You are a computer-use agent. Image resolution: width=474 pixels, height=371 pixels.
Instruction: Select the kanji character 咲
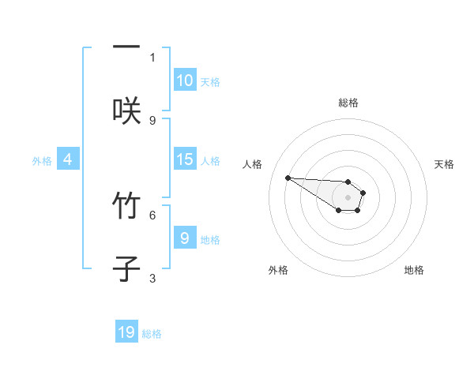126,111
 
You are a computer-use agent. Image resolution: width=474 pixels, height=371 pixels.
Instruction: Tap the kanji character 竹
126,207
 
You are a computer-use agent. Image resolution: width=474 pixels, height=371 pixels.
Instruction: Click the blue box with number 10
185,81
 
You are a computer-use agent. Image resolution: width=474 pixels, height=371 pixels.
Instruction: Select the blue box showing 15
185,159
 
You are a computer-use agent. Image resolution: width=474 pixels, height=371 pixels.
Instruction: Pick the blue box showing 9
185,238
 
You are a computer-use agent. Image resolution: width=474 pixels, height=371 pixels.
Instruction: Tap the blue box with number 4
68,159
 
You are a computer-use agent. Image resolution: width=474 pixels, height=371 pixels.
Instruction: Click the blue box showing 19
127,332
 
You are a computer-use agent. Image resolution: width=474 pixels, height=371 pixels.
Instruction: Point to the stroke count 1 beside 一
152,57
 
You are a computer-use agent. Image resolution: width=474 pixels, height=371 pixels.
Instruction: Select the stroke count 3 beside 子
152,278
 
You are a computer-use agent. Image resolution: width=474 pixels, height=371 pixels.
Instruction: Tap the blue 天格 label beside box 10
210,81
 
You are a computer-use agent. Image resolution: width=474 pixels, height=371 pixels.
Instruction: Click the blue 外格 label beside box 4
42,160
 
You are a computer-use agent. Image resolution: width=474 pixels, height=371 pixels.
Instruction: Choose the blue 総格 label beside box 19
152,334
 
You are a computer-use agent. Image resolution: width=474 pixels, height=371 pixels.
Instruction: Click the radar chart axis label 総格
348,103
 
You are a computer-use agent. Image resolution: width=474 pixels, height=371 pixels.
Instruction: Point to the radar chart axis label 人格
253,164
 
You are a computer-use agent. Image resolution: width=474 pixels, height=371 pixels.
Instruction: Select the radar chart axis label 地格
414,270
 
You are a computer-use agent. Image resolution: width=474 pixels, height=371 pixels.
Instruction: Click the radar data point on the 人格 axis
288,178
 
